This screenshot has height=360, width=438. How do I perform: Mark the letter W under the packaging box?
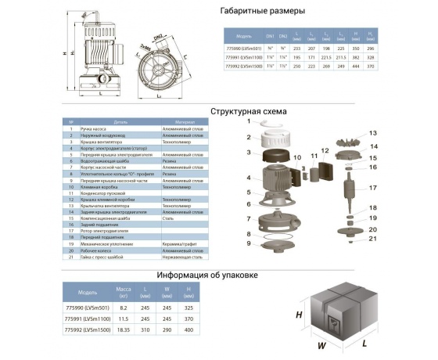(x=320, y=344)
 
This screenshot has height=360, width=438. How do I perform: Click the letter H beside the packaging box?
(x=300, y=315)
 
